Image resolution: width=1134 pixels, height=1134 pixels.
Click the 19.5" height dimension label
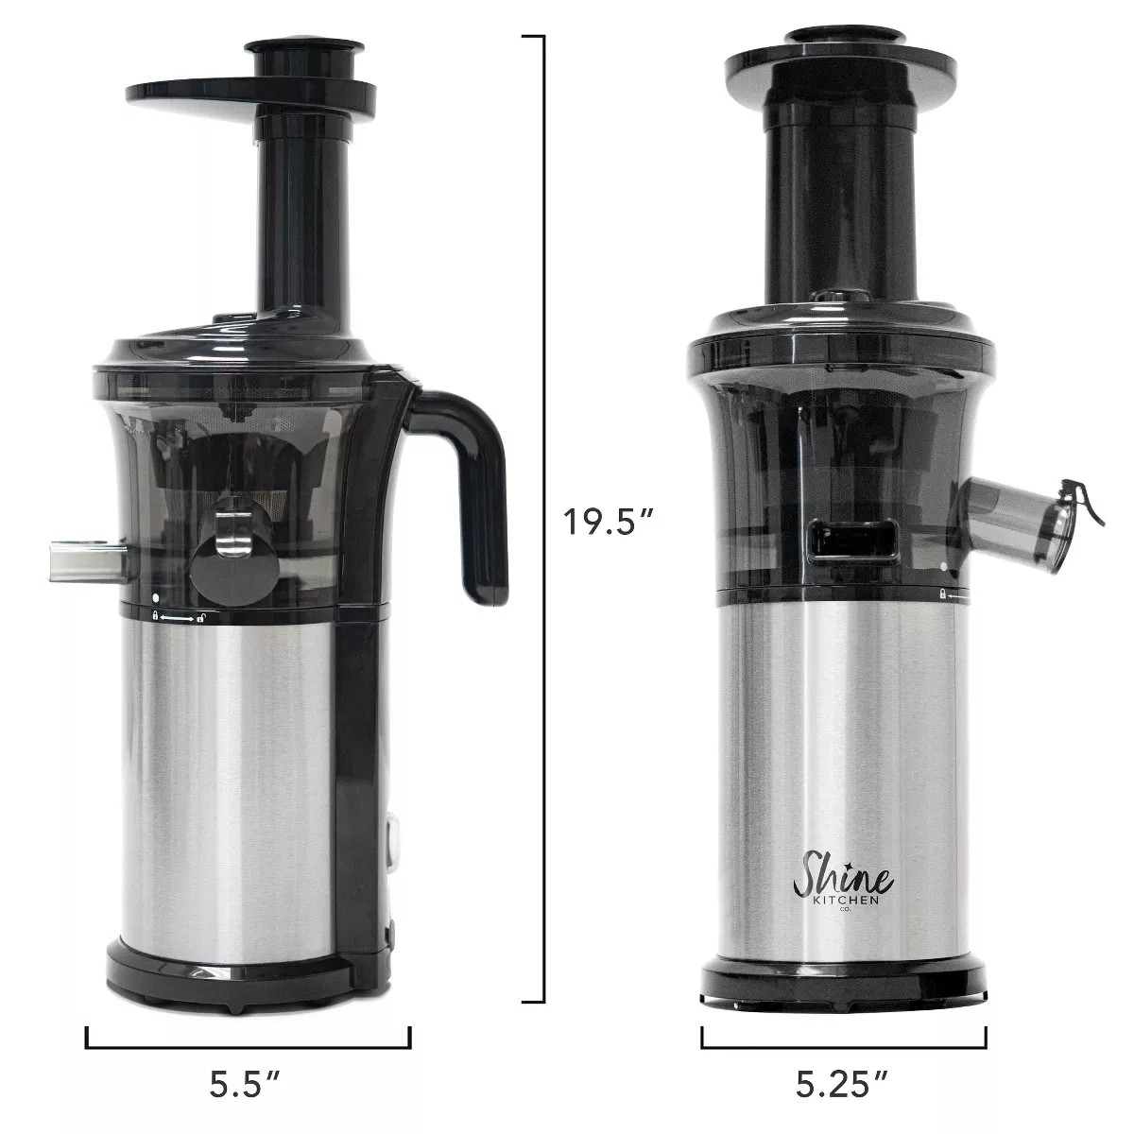(x=609, y=521)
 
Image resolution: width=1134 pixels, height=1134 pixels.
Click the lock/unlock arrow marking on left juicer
(x=178, y=618)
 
